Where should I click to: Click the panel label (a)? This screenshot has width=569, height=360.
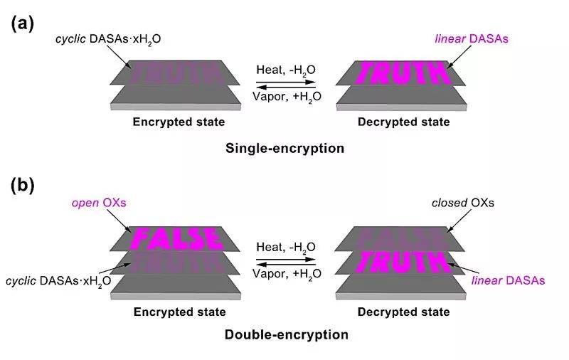[22, 23]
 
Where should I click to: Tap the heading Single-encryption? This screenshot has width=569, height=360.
[284, 149]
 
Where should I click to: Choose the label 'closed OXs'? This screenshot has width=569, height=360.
[463, 203]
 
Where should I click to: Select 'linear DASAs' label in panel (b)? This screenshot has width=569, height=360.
[508, 281]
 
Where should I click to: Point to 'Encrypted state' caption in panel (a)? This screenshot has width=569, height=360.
[179, 122]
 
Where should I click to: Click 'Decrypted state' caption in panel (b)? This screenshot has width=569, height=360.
[403, 312]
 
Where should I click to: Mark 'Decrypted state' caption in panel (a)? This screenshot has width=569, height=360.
[403, 122]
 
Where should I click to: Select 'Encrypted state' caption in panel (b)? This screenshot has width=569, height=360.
[179, 312]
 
